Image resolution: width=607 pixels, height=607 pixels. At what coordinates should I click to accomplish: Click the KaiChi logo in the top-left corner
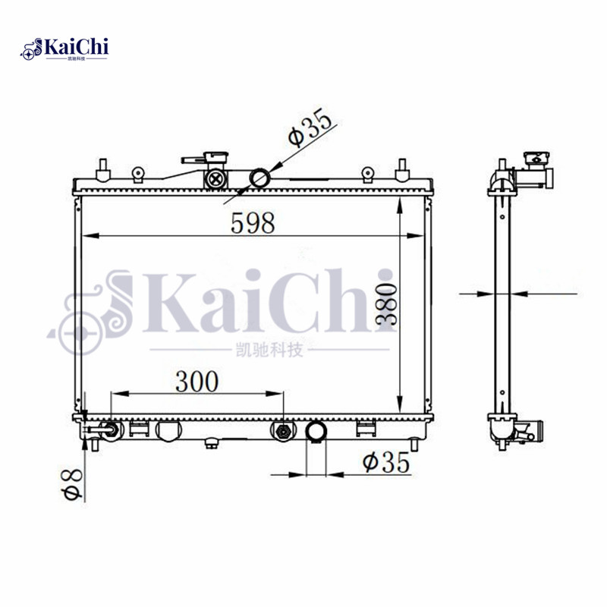pyautogui.click(x=64, y=49)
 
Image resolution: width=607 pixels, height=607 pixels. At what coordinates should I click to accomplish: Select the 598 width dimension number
pyautogui.click(x=253, y=223)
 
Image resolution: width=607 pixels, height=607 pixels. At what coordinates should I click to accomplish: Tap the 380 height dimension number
pyautogui.click(x=386, y=303)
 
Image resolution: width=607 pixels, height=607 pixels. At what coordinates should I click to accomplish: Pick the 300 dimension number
pyautogui.click(x=197, y=382)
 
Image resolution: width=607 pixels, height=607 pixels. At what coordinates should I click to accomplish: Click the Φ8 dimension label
pyautogui.click(x=71, y=484)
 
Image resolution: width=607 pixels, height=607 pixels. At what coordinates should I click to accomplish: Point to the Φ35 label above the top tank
pyautogui.click(x=310, y=127)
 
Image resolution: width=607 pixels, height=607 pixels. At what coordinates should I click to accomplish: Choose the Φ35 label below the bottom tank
pyautogui.click(x=386, y=462)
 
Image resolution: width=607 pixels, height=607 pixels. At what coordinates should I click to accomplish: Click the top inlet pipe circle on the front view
pyautogui.click(x=259, y=178)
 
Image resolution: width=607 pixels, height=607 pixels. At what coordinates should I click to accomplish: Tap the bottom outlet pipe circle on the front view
pyautogui.click(x=316, y=431)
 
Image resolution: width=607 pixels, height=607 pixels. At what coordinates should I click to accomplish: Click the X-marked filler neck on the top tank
pyautogui.click(x=215, y=179)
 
